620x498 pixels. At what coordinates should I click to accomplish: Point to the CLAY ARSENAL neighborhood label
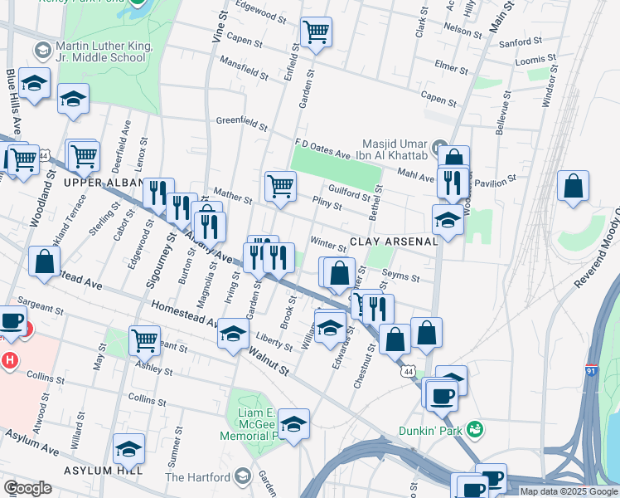point(393,242)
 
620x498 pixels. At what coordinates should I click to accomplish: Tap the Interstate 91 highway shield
point(591,370)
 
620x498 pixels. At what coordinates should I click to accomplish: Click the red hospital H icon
point(10,361)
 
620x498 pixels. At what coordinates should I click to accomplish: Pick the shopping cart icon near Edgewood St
point(315,32)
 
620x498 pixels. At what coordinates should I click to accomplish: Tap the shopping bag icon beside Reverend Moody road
point(573,187)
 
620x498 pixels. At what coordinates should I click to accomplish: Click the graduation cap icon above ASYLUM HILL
point(128,449)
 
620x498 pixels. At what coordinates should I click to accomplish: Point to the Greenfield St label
point(241,124)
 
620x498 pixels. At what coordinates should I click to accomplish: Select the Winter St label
point(327,245)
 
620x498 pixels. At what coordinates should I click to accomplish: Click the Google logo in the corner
point(27,488)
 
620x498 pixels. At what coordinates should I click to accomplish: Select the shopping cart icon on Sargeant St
point(144,339)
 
